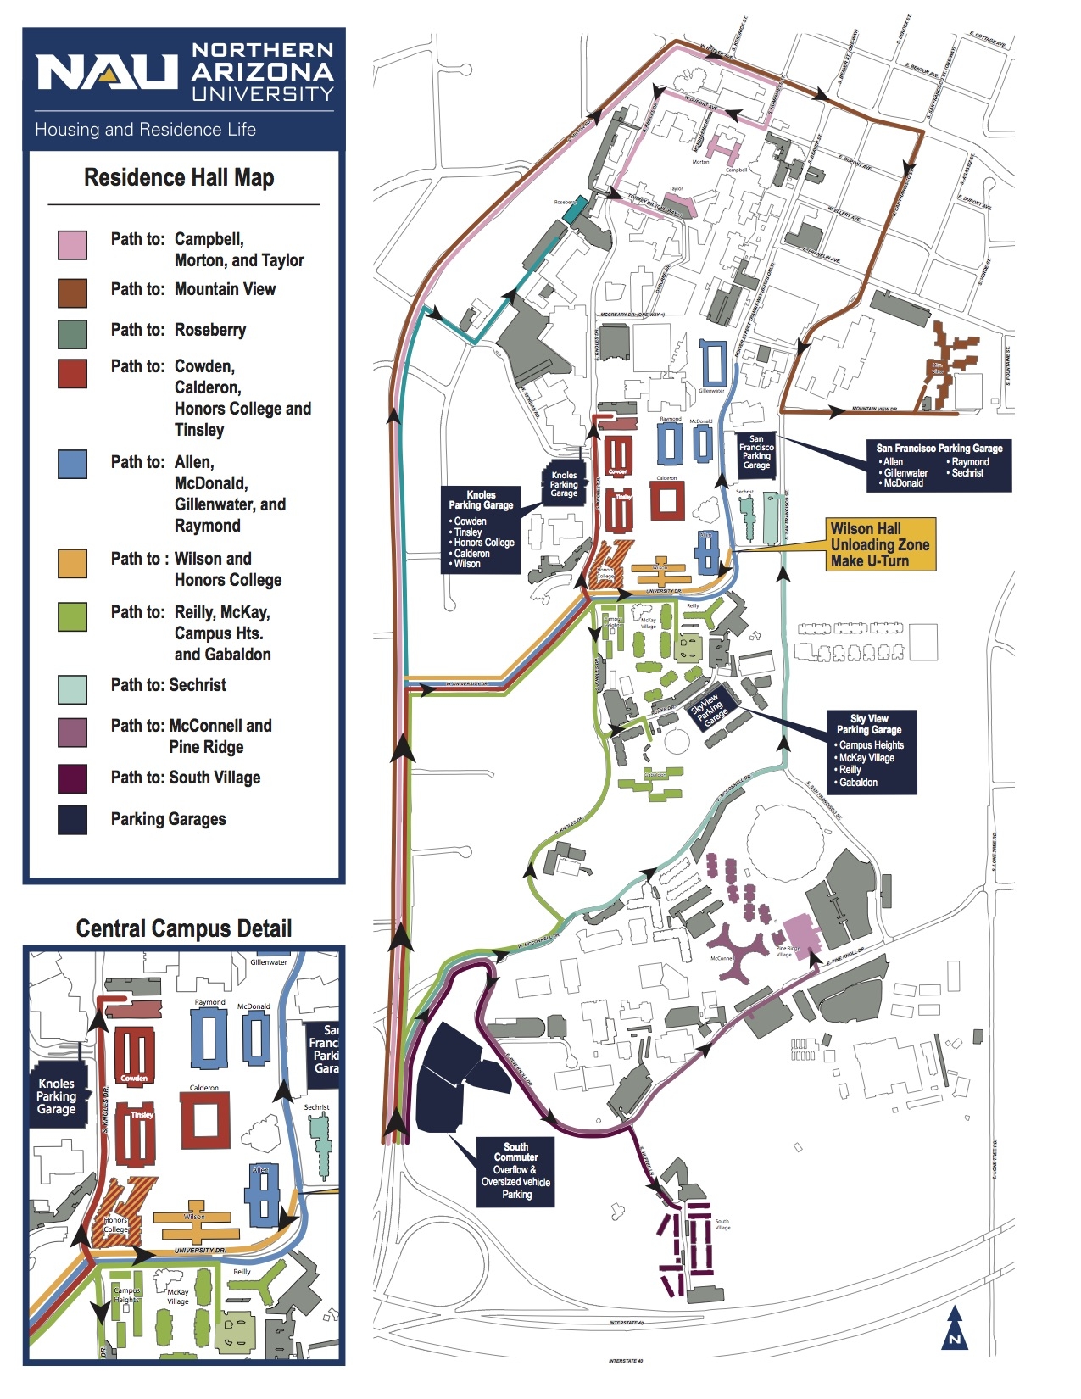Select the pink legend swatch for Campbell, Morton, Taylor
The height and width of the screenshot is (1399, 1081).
pyautogui.click(x=72, y=245)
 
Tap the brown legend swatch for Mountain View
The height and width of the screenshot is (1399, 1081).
pyautogui.click(x=72, y=293)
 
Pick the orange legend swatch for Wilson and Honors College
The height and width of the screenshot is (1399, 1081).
pyautogui.click(x=72, y=563)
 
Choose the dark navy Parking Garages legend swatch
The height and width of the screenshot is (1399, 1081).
pyautogui.click(x=72, y=820)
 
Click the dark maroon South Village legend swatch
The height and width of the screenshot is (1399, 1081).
pyautogui.click(x=72, y=778)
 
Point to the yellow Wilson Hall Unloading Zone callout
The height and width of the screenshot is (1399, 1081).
pyautogui.click(x=880, y=544)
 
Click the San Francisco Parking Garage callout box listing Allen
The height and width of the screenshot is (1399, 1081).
pyautogui.click(x=939, y=465)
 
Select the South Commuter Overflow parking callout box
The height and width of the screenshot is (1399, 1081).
pyautogui.click(x=516, y=1171)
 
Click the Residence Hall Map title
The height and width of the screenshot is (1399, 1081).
pyautogui.click(x=179, y=178)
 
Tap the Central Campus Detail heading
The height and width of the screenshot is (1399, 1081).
pyautogui.click(x=183, y=928)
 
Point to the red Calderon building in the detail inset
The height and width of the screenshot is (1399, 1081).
pyautogui.click(x=205, y=1119)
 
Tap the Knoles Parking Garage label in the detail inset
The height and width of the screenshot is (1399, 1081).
pyautogui.click(x=57, y=1096)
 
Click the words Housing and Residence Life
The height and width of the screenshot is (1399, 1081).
pyautogui.click(x=145, y=130)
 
